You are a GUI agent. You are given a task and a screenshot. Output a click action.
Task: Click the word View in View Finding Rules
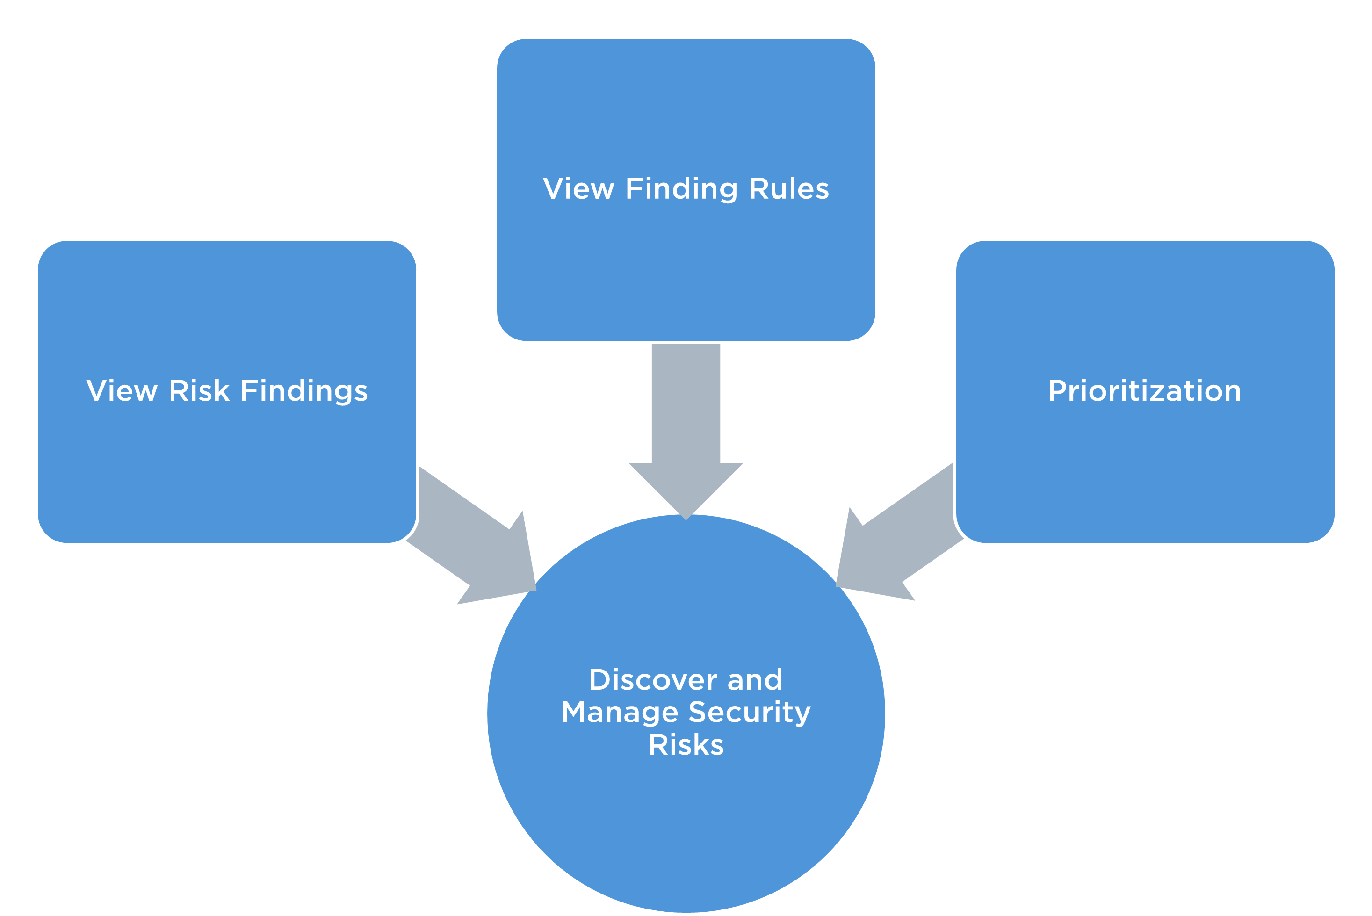578,189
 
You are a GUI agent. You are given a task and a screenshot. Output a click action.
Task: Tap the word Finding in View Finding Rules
681,190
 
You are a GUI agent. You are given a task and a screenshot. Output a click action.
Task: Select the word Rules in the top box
788,189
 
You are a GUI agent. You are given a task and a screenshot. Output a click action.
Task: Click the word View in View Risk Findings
122,391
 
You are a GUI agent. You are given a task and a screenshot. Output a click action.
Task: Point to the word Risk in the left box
199,391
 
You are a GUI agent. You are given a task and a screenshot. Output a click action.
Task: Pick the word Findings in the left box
304,392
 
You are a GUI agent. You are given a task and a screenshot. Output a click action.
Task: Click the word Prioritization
1144,391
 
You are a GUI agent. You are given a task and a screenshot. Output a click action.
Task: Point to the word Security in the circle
750,713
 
